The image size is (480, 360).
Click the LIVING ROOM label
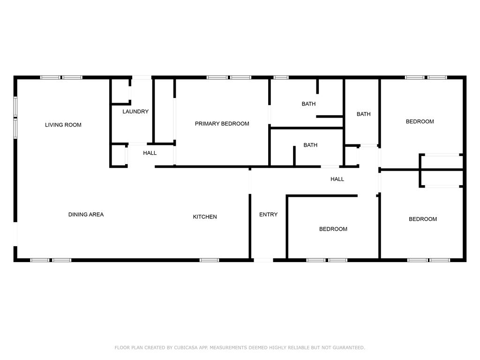63,125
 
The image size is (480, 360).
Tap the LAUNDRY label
135,112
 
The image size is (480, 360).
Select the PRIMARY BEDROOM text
222,124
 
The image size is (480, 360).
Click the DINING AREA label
86,215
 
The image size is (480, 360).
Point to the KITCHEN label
205,217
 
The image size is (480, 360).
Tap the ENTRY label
269,215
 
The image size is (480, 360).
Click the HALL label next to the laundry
150,153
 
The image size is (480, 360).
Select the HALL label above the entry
337,179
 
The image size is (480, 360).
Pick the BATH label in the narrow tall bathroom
364,114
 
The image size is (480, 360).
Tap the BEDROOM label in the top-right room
420,121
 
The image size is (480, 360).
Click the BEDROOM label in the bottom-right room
423,219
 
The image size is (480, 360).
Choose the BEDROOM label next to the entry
333,229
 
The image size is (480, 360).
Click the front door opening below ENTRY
263,260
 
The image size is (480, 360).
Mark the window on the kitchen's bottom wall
210,260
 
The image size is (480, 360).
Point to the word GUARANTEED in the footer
349,347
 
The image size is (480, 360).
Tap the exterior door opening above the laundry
142,77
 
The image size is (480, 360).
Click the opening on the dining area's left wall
15,234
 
